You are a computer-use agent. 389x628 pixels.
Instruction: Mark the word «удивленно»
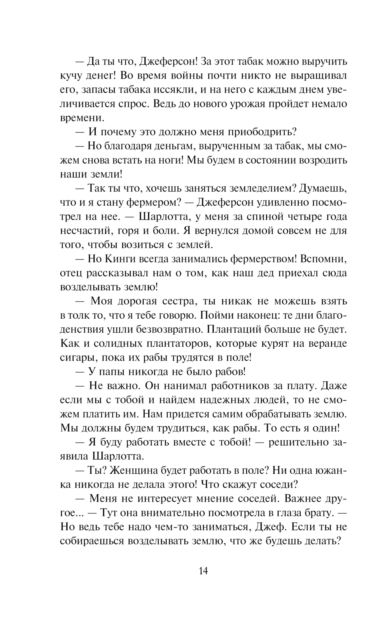275,202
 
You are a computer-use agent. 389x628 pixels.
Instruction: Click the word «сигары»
75,358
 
